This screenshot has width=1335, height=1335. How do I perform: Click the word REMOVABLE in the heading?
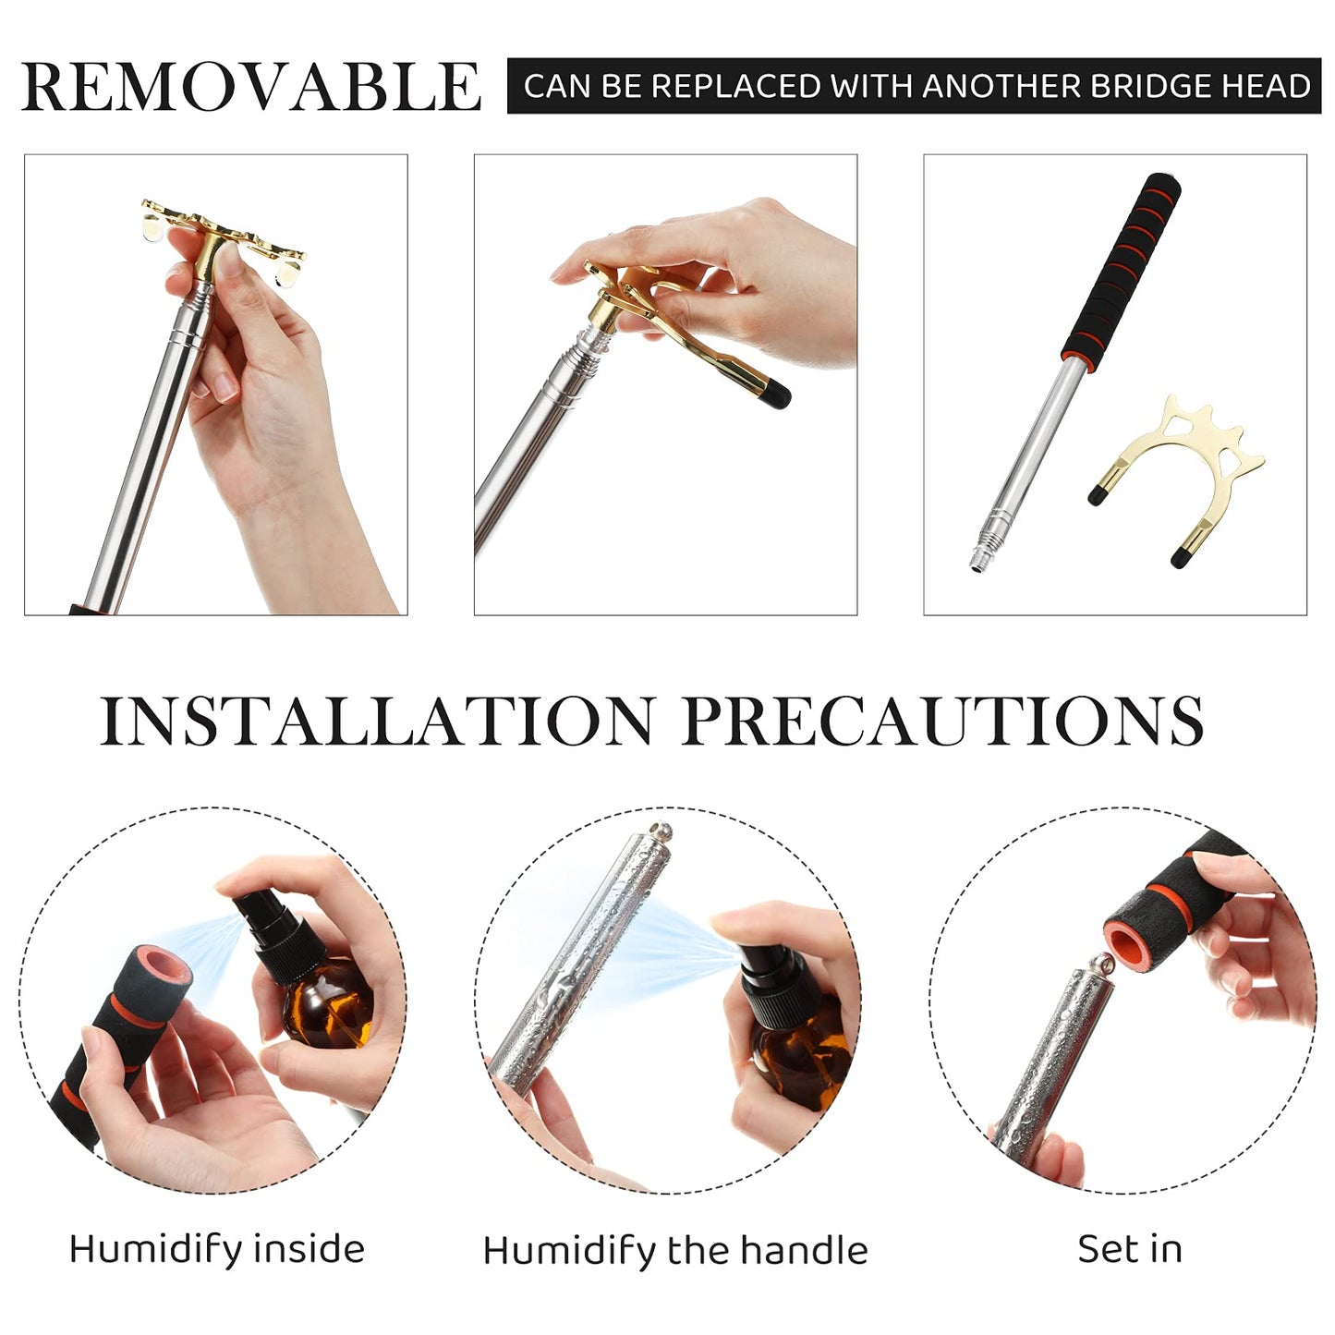pyautogui.click(x=250, y=87)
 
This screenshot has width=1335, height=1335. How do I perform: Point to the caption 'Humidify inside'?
pyautogui.click(x=217, y=1249)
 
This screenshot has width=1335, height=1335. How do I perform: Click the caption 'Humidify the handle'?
pyautogui.click(x=675, y=1251)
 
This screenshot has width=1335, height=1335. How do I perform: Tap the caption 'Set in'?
pyautogui.click(x=1130, y=1248)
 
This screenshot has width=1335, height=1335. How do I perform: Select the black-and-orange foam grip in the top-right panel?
pyautogui.click(x=1121, y=267)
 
